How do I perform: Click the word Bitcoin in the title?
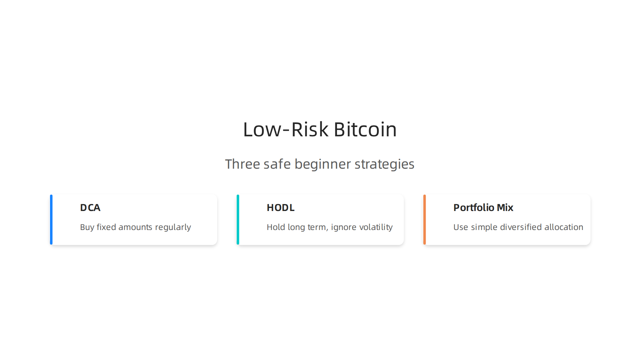(365, 129)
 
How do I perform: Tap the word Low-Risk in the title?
(286, 129)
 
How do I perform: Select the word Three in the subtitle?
(242, 164)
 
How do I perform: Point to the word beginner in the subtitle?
(323, 164)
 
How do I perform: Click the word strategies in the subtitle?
(384, 164)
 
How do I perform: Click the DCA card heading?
(90, 208)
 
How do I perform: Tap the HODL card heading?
(280, 208)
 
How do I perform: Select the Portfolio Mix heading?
(483, 208)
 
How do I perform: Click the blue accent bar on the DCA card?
(51, 220)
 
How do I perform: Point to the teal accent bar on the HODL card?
(238, 220)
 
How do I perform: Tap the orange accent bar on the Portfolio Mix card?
(425, 220)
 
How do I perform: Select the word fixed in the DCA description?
(106, 227)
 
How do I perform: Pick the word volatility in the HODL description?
(376, 227)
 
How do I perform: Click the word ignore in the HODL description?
(343, 227)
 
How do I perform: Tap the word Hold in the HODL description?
(276, 227)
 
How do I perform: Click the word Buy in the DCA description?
(87, 227)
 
